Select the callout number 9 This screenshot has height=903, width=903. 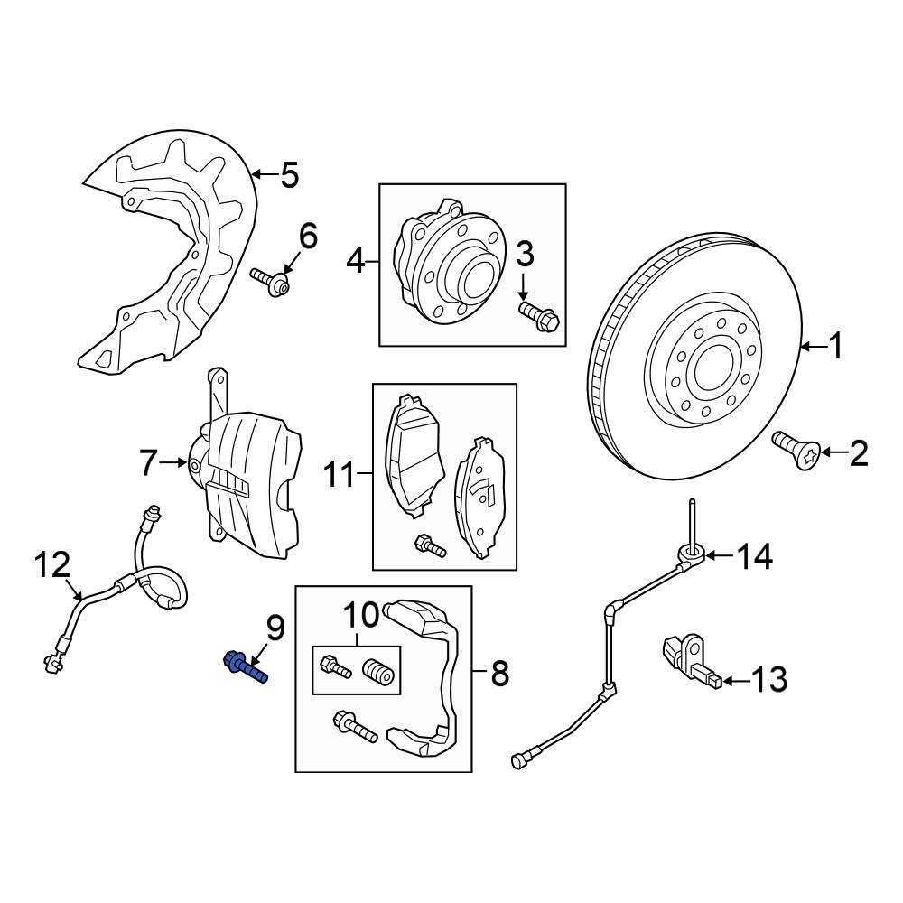[275, 626]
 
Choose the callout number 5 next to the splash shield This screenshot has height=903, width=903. [289, 174]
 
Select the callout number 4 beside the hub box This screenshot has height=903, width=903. [356, 263]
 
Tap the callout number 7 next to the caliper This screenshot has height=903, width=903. [150, 464]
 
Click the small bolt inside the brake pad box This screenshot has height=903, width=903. [427, 545]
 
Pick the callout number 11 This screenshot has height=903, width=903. [340, 474]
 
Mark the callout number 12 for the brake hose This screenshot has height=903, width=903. [51, 566]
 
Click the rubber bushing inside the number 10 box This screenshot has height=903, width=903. [380, 673]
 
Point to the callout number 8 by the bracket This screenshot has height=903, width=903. [498, 673]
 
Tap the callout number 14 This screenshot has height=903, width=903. [753, 557]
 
